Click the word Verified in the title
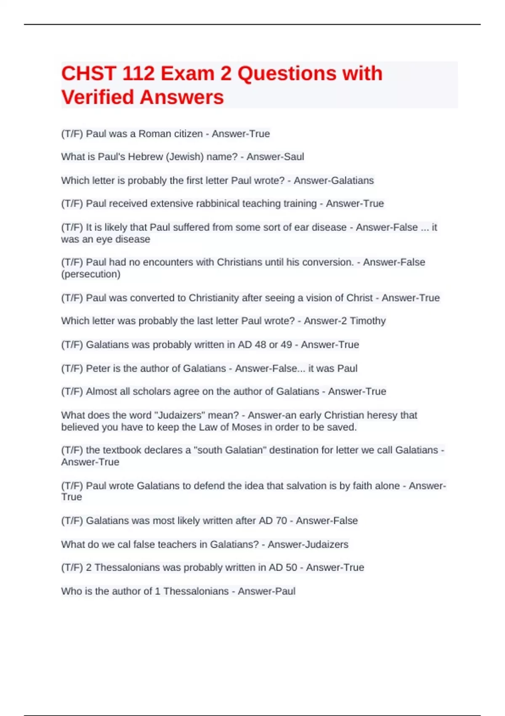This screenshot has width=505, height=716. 98,97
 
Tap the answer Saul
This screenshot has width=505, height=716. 293,157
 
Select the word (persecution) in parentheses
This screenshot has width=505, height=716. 90,274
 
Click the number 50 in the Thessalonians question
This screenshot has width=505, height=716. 291,568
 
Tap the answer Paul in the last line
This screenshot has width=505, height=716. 284,591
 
